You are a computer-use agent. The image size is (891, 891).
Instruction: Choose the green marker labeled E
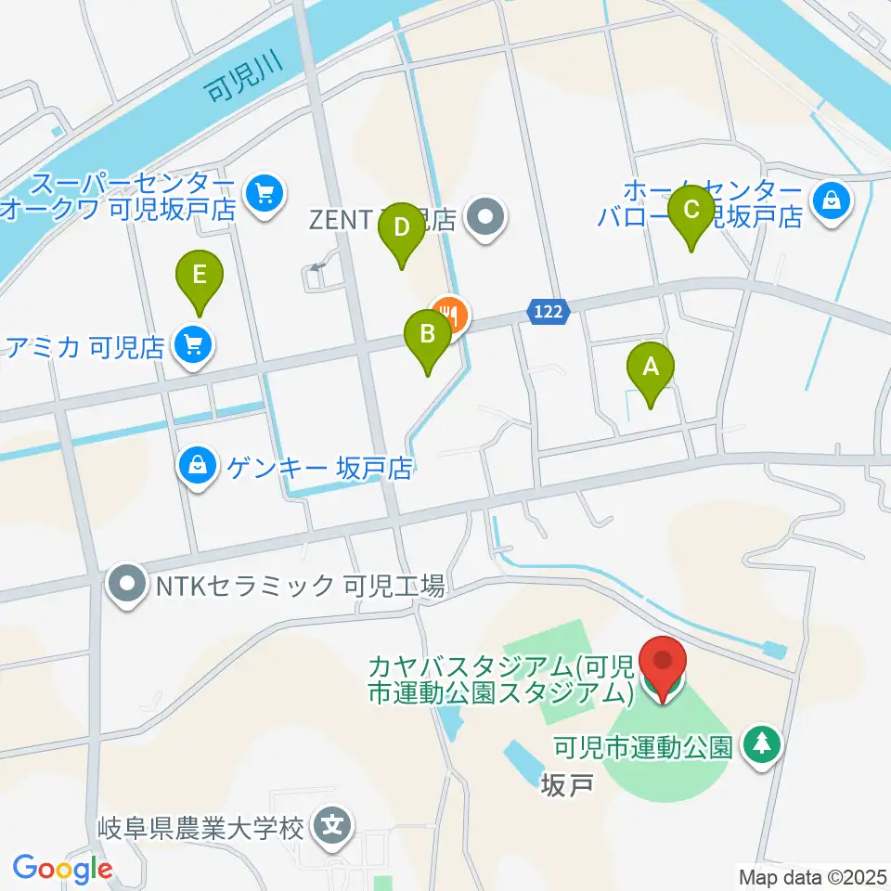point(200,277)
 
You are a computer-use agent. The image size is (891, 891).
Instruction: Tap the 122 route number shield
point(548,313)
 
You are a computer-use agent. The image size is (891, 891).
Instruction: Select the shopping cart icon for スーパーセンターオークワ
point(265,194)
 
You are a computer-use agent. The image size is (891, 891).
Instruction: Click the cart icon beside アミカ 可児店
point(193,346)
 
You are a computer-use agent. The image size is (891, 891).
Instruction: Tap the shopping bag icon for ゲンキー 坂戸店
point(198,466)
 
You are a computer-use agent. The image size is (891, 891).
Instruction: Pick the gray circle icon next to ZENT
point(484,219)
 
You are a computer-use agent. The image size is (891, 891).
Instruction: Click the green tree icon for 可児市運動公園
point(762,744)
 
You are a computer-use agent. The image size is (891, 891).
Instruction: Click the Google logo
point(63,869)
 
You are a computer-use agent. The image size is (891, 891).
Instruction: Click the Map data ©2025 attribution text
point(813,875)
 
